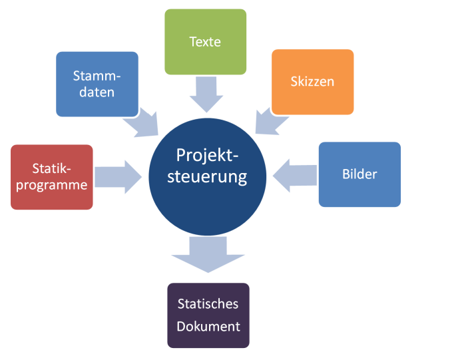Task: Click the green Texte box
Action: pos(205,41)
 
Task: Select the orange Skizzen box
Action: pos(312,82)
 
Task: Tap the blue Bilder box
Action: pos(359,174)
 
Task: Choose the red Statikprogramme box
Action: pos(52,177)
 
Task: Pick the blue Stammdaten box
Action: pos(97,84)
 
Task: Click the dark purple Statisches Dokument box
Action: pos(208,315)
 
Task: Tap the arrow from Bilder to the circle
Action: pos(293,175)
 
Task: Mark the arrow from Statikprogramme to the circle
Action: pos(118,177)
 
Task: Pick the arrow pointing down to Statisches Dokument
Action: pos(208,255)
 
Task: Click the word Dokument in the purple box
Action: pos(208,327)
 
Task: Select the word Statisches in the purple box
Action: pos(208,304)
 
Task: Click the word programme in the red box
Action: pos(52,185)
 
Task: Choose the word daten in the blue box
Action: pos(97,92)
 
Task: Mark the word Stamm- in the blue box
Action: pos(97,75)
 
